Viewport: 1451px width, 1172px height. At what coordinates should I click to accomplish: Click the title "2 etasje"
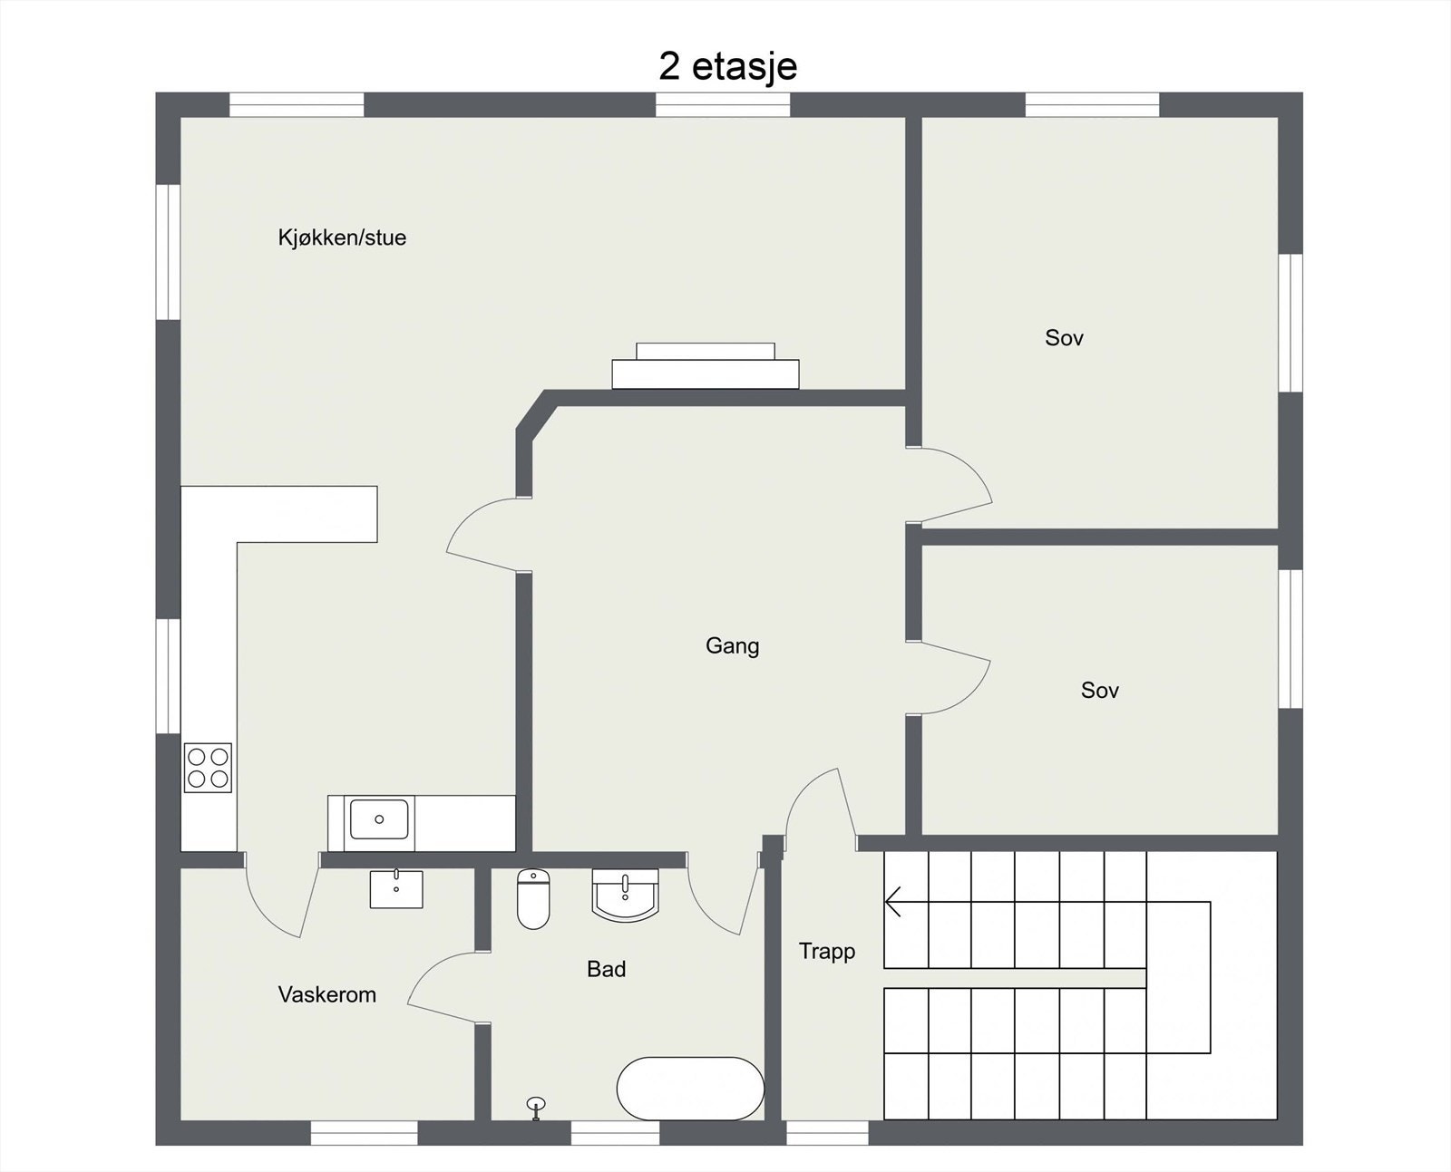click(x=727, y=66)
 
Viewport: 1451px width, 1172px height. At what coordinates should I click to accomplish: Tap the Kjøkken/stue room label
click(x=342, y=237)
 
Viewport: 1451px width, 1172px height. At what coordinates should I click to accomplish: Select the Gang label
click(x=732, y=645)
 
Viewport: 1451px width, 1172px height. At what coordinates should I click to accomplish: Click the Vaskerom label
click(x=326, y=994)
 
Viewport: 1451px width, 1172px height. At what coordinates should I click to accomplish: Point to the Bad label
click(x=606, y=969)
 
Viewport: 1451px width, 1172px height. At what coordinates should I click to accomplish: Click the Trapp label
click(x=826, y=951)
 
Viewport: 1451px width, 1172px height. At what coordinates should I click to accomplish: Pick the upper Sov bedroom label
click(x=1064, y=338)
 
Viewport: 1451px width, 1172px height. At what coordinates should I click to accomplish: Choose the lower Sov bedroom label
click(x=1099, y=690)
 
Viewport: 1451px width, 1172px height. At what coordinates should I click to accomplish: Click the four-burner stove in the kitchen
click(x=208, y=767)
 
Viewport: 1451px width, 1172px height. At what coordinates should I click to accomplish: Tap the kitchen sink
click(x=379, y=819)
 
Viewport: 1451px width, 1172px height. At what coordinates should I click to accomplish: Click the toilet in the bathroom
click(x=533, y=898)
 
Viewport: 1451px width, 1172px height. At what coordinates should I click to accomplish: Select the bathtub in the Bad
click(x=690, y=1088)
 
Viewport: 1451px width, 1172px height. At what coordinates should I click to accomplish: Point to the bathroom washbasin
click(x=625, y=895)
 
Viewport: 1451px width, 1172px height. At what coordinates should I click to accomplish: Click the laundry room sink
click(x=396, y=888)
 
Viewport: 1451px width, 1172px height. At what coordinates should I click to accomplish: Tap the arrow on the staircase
click(x=893, y=902)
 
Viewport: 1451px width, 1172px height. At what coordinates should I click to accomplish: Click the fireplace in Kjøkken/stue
click(x=705, y=366)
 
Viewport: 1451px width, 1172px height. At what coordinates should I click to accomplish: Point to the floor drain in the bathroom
click(x=536, y=1104)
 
